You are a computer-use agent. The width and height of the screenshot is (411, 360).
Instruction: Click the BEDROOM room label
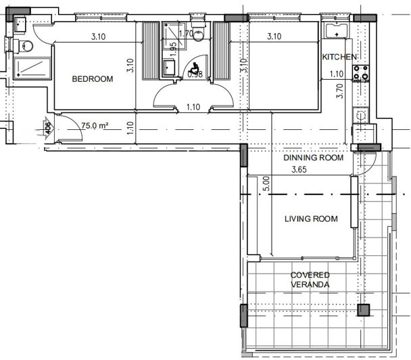[93, 79]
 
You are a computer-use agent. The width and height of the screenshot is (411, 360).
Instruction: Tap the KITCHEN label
[339, 57]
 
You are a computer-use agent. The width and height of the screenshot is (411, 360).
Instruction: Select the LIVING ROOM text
[310, 219]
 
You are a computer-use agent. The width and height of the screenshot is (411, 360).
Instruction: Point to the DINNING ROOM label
[313, 158]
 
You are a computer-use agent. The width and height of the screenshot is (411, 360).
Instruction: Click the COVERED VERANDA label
[310, 280]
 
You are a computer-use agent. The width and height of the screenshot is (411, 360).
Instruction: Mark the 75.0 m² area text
[96, 125]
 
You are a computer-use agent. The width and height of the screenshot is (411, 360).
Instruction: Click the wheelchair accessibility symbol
[194, 68]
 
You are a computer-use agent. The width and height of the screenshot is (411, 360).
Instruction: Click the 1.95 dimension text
[174, 48]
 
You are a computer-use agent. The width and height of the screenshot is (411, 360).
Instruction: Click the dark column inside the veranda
[364, 311]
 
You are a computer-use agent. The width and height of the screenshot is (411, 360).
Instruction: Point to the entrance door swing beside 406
[68, 129]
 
